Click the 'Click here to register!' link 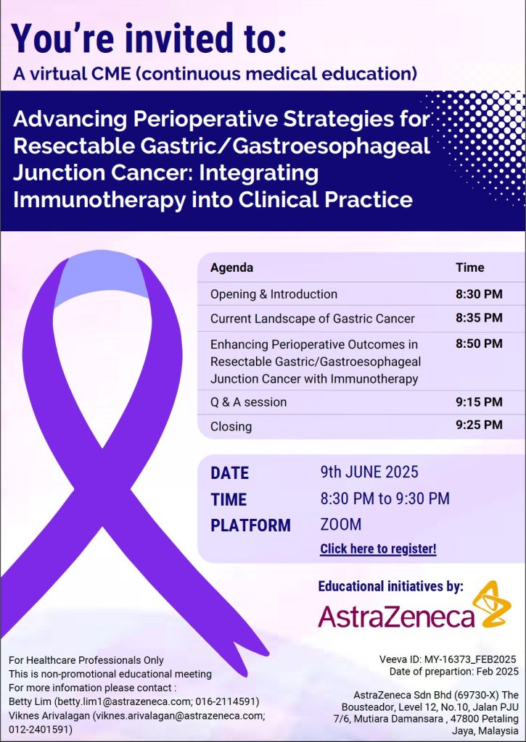tap(378, 549)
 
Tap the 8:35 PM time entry tap(479, 317)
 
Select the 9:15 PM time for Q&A tap(479, 401)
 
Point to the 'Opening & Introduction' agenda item tap(274, 294)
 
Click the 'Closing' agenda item tap(231, 426)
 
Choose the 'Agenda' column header tap(231, 268)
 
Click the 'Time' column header tap(470, 267)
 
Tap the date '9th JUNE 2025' tap(369, 472)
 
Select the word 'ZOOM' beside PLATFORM tap(341, 525)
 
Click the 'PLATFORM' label tap(251, 525)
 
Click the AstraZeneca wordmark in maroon tap(396, 616)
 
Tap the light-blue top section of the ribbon tap(102, 279)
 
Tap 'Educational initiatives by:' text tap(390, 586)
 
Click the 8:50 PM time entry tap(479, 343)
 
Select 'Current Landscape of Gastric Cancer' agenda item tap(313, 319)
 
